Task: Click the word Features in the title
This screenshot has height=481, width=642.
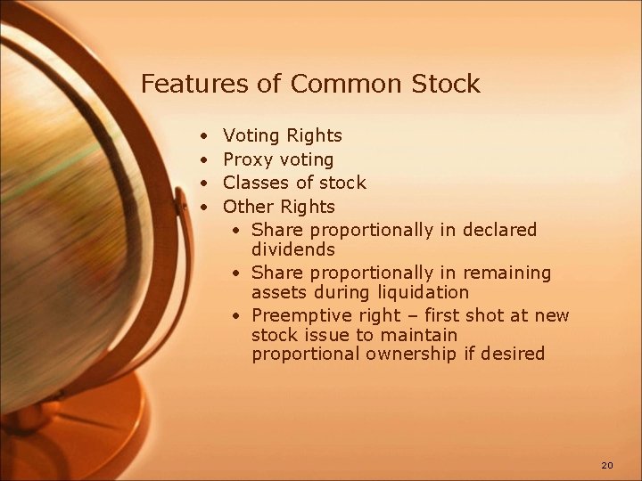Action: click(x=185, y=85)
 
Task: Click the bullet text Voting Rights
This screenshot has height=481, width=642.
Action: click(x=282, y=136)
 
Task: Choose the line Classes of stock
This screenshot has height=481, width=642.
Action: click(x=294, y=183)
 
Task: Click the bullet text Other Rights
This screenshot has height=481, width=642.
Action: click(x=278, y=208)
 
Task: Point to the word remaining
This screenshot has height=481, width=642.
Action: click(x=508, y=273)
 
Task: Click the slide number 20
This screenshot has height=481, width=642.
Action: click(x=607, y=465)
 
